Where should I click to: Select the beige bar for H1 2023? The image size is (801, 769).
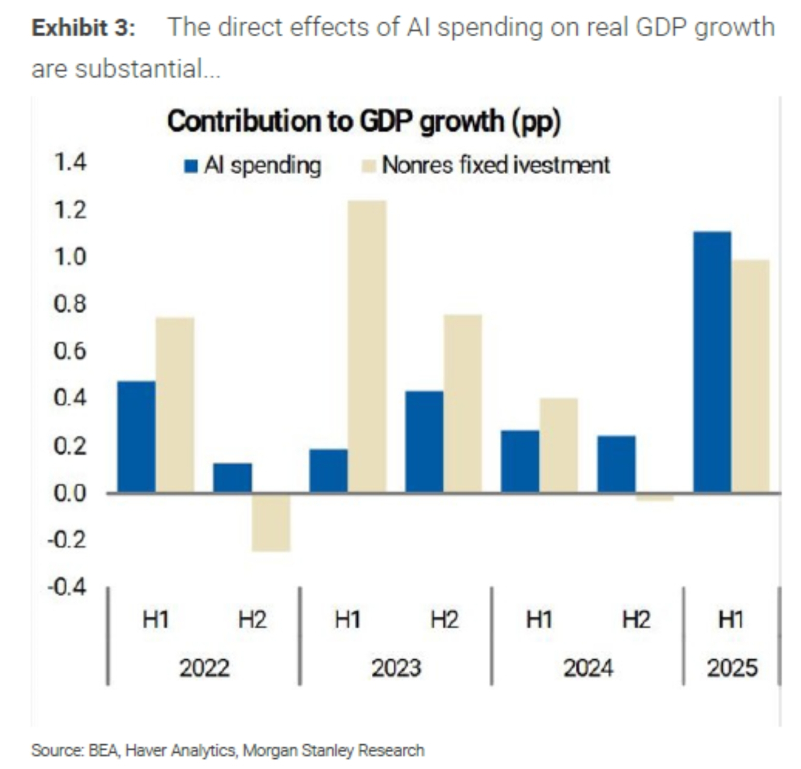[x=367, y=346]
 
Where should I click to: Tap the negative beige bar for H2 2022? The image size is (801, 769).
[x=271, y=522]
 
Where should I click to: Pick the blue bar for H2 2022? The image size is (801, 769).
[x=233, y=478]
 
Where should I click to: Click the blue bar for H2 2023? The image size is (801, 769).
[x=424, y=442]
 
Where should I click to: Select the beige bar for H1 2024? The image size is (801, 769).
[x=559, y=445]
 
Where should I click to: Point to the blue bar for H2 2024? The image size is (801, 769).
[x=616, y=464]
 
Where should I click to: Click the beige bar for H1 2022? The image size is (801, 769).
[x=175, y=405]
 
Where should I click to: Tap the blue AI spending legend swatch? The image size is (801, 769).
[x=191, y=166]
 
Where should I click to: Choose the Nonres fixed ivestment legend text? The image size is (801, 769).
[x=495, y=165]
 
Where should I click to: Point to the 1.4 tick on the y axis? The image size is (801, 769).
[x=70, y=162]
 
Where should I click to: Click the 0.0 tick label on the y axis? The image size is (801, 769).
[x=70, y=494]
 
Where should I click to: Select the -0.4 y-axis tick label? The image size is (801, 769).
[x=67, y=587]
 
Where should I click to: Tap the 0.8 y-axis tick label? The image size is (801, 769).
[x=70, y=304]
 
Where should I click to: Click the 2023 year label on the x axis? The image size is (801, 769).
[x=396, y=668]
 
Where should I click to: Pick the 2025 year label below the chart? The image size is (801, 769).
[x=731, y=668]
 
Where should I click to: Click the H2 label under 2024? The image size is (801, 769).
[x=636, y=620]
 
